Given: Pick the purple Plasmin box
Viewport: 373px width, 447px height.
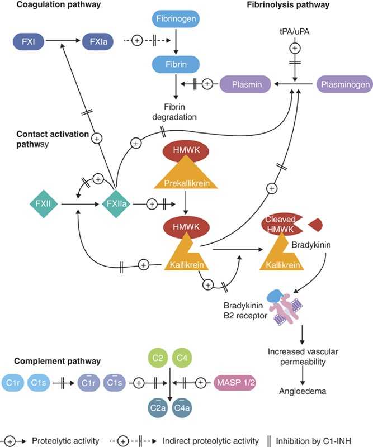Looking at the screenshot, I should (244, 84).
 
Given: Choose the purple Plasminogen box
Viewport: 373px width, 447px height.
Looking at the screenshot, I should (343, 84).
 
